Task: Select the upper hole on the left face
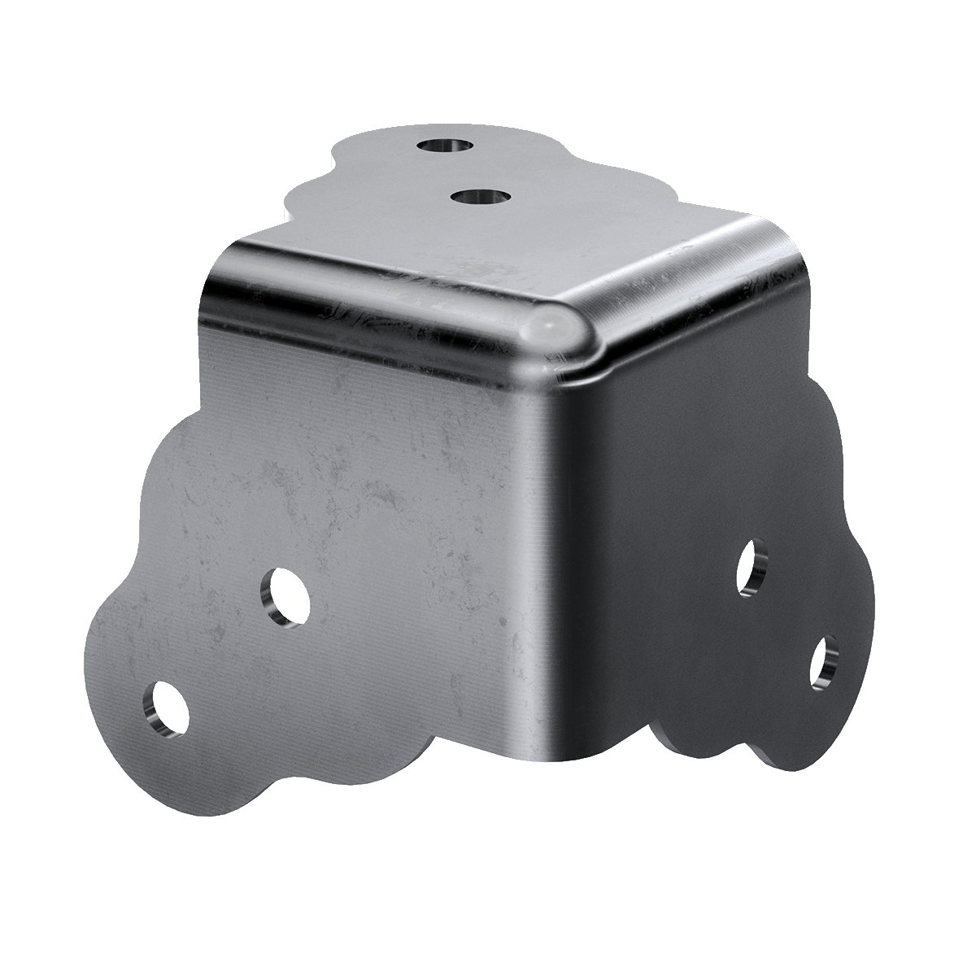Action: (286, 596)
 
